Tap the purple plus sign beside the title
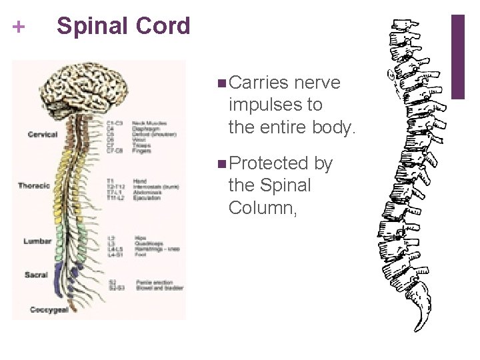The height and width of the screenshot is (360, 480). click(x=19, y=27)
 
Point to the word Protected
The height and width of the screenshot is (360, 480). click(x=270, y=163)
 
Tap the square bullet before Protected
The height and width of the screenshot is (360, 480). click(x=221, y=164)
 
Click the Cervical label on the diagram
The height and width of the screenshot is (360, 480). click(x=43, y=135)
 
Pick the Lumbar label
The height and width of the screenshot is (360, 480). click(x=38, y=241)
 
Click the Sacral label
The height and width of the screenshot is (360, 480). click(x=36, y=275)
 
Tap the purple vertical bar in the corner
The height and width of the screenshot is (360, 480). click(x=458, y=57)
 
